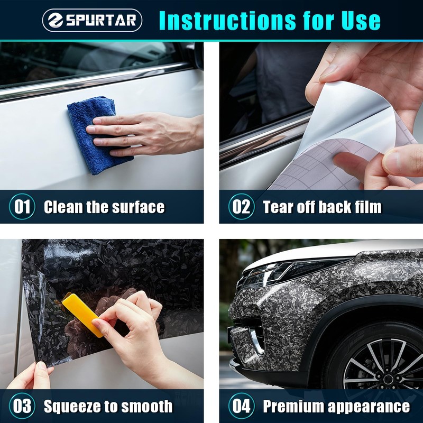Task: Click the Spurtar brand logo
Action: coord(92,20)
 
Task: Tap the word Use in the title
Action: coord(361,21)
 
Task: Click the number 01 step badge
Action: coord(22,207)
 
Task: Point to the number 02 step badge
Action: coord(242,207)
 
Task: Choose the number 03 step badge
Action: coord(22,406)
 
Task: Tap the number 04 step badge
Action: coord(242,406)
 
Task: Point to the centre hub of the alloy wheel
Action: coord(388,379)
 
